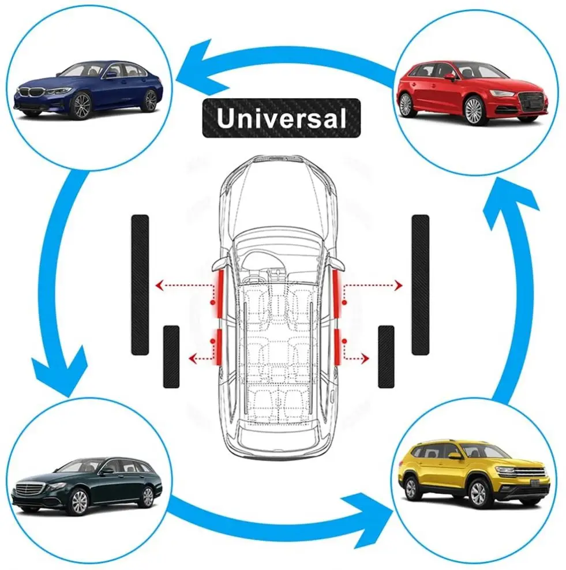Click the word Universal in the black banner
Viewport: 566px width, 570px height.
281,118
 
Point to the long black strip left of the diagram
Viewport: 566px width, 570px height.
140,284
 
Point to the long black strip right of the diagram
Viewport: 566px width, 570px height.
420,284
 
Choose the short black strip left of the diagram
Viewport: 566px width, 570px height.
171,356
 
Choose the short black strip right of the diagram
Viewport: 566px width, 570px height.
386,356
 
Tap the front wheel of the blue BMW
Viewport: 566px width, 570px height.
81,106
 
